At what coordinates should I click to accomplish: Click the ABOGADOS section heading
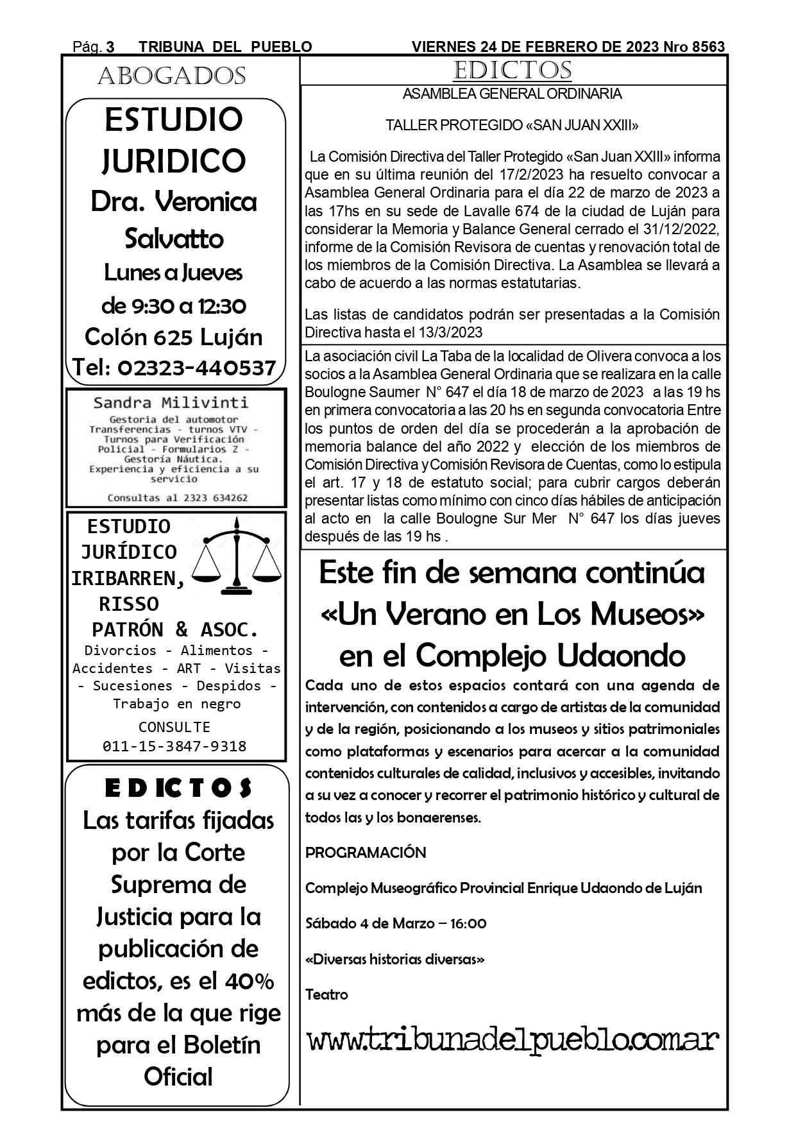pos(171,76)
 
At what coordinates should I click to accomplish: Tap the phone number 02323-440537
pos(197,368)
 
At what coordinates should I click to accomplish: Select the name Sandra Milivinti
pos(171,403)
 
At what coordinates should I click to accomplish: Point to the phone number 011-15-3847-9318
pos(174,746)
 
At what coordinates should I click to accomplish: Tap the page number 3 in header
pos(110,47)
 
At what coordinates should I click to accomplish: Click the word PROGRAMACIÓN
pos(366,853)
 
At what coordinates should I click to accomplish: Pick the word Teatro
pos(326,994)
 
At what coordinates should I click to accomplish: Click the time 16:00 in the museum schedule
pos(468,924)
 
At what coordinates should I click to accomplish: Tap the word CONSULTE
pos(174,727)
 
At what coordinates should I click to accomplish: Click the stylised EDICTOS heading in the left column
pos(178,789)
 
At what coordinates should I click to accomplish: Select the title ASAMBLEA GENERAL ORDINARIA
pos(512,94)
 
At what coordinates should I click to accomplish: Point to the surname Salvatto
pos(174,239)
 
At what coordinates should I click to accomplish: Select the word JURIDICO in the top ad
pos(174,160)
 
